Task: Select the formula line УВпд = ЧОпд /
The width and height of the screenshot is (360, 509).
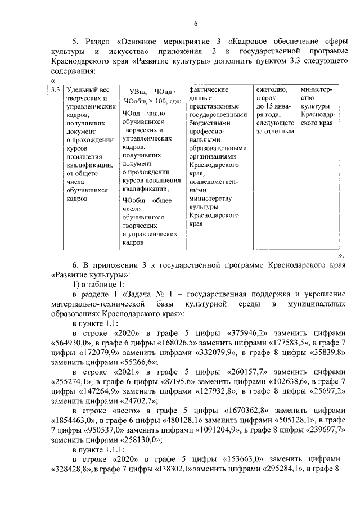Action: tap(152, 91)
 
